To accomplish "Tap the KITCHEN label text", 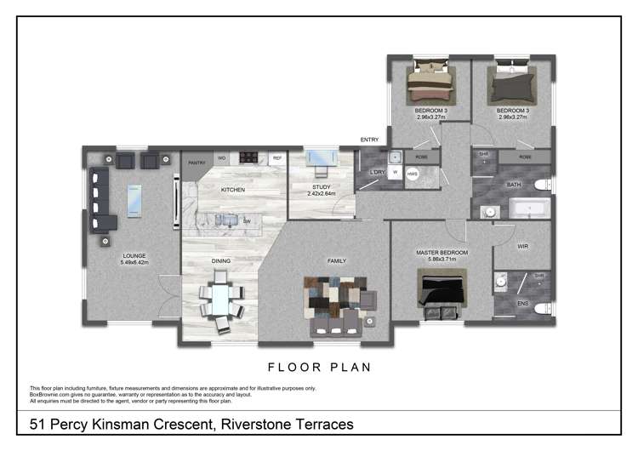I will click(x=233, y=189).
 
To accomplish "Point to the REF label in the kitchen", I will click(x=276, y=159).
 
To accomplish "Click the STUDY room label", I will click(x=321, y=186).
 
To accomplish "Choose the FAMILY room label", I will click(x=337, y=260).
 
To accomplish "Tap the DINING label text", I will click(x=220, y=260).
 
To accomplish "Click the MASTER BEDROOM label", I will click(x=441, y=253).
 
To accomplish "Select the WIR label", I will click(x=523, y=247).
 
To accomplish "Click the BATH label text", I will click(x=514, y=184).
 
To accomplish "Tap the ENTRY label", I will click(x=369, y=140).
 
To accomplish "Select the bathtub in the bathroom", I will click(x=530, y=208).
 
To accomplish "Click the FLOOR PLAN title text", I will click(x=319, y=368).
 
